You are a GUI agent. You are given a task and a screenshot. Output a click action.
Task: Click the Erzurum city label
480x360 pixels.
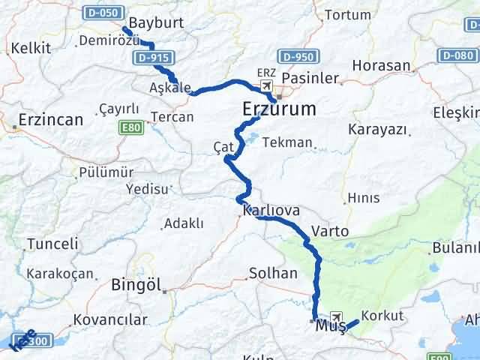click(279, 109)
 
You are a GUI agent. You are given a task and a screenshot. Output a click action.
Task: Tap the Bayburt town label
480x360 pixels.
click(156, 22)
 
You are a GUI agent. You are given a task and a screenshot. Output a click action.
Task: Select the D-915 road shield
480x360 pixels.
click(154, 56)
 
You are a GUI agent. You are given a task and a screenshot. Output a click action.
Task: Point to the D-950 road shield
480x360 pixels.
click(298, 56)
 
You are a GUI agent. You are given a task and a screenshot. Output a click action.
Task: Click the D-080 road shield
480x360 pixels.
click(457, 55)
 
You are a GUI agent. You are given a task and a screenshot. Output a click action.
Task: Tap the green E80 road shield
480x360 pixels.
click(132, 128)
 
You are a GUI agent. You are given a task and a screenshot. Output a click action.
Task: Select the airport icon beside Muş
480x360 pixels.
click(334, 317)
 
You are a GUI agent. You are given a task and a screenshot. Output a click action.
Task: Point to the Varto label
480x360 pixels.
click(329, 231)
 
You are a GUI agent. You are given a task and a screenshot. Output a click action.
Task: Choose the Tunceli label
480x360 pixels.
click(52, 244)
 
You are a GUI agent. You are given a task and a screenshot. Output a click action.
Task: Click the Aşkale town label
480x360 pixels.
click(170, 88)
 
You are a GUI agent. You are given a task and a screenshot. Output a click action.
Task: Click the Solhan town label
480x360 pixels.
click(273, 273)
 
